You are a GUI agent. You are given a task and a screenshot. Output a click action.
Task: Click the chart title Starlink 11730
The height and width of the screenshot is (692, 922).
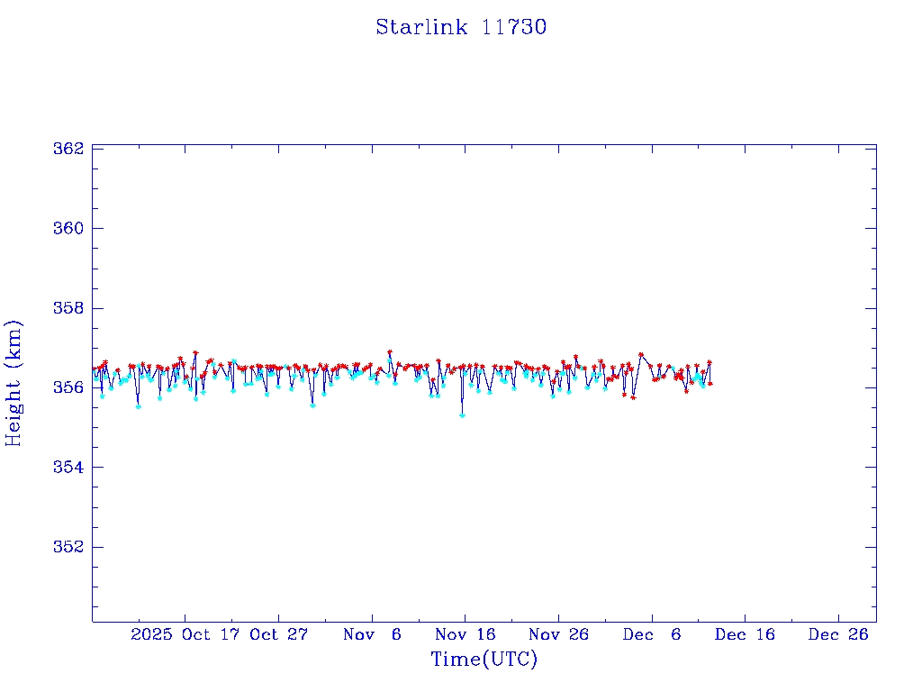click(461, 28)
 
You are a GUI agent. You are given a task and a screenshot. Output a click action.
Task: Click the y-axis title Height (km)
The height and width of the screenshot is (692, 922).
click(14, 383)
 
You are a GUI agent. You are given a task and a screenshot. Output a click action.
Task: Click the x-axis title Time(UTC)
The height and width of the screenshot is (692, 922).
click(484, 660)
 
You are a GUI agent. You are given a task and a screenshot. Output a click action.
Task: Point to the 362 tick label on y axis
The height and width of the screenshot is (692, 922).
click(68, 148)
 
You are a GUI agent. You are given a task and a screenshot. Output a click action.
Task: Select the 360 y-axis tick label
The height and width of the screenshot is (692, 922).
click(68, 228)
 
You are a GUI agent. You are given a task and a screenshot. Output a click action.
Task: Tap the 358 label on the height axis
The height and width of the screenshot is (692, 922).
click(68, 308)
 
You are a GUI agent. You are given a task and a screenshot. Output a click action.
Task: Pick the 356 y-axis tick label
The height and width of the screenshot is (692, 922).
click(68, 387)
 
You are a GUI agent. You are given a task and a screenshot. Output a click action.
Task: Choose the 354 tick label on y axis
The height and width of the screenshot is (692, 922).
click(68, 468)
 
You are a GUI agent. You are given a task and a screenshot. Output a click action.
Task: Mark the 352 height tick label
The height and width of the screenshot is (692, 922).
click(68, 547)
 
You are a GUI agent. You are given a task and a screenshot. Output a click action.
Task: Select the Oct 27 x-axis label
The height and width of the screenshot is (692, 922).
click(279, 634)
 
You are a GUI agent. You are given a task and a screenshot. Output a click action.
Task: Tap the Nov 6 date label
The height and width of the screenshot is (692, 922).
click(373, 634)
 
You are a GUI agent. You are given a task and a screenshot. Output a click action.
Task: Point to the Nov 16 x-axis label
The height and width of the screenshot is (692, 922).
click(466, 634)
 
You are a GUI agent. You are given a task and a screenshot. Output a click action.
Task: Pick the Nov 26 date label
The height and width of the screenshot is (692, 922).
click(558, 634)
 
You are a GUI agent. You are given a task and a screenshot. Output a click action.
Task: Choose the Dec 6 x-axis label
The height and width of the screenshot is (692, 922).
click(652, 634)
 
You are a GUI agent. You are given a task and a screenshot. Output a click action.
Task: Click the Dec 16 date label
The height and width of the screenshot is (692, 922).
click(745, 634)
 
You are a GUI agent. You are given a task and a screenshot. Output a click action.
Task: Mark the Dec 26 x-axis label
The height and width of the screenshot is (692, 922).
click(838, 634)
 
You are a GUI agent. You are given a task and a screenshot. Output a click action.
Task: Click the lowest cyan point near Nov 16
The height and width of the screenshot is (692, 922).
click(462, 415)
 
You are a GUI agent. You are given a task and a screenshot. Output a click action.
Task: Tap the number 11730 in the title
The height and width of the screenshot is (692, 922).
click(514, 28)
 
